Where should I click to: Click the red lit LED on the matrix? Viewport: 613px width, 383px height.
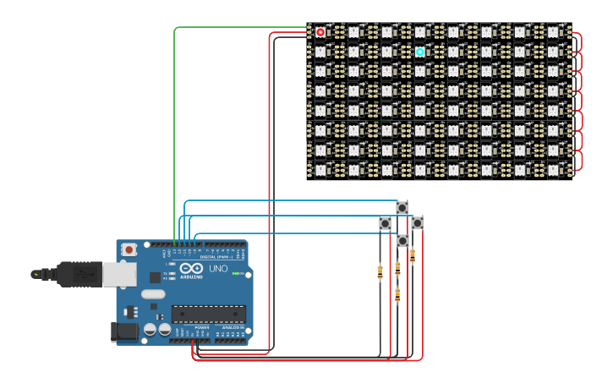(x=320, y=32)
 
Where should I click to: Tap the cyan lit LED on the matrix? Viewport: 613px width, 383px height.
(x=420, y=52)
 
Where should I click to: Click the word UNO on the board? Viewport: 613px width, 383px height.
(x=218, y=269)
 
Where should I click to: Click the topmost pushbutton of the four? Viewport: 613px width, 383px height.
(x=402, y=207)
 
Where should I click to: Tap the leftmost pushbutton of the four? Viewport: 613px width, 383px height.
(x=385, y=223)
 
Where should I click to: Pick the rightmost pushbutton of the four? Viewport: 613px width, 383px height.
(x=418, y=222)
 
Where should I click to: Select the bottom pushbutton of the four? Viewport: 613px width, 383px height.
(x=402, y=241)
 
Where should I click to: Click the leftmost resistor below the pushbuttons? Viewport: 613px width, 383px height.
(x=380, y=272)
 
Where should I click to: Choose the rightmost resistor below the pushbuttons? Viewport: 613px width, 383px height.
(x=413, y=256)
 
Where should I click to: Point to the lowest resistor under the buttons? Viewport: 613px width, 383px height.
(x=397, y=295)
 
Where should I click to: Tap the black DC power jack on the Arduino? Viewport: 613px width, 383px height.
(x=124, y=331)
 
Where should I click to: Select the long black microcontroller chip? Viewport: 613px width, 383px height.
(x=209, y=315)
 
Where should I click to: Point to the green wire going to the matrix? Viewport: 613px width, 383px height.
(x=175, y=127)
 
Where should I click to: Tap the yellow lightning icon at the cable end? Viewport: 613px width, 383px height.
(x=36, y=274)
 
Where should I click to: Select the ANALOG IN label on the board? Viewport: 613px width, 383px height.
(x=231, y=327)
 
